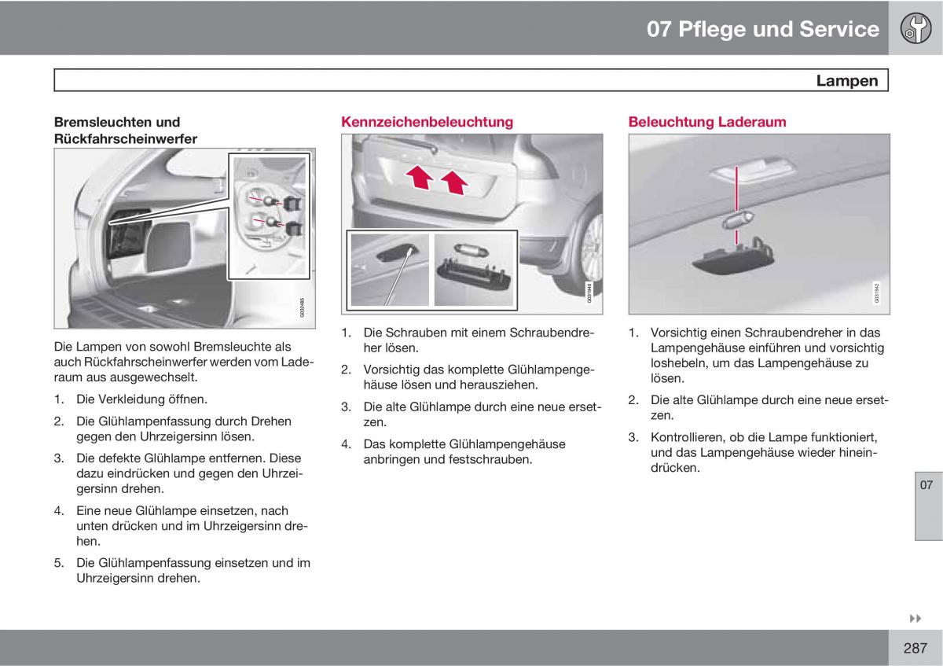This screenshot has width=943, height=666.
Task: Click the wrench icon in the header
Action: (x=915, y=28)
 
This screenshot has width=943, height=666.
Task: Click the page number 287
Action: (x=915, y=648)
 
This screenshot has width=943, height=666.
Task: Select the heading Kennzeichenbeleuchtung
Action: (x=427, y=122)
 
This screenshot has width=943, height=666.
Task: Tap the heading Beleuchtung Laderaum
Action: (x=706, y=122)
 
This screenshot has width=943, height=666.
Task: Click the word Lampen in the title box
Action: (x=846, y=80)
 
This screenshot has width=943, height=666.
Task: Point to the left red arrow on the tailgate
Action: (x=420, y=176)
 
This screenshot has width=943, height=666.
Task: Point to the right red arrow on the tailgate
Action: (x=454, y=182)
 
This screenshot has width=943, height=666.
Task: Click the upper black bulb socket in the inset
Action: (x=292, y=204)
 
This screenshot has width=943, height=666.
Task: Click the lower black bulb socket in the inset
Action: (x=293, y=228)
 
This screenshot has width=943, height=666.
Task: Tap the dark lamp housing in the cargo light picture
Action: (x=732, y=257)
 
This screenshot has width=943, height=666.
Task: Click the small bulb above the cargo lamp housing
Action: (x=738, y=220)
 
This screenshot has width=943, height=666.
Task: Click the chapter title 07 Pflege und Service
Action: (x=763, y=29)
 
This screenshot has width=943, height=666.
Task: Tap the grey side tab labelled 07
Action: (x=928, y=506)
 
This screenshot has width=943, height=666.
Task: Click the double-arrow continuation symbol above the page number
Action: (x=915, y=618)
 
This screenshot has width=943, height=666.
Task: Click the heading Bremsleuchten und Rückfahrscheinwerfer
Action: (x=126, y=131)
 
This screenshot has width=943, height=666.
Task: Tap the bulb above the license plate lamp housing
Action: (x=471, y=251)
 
